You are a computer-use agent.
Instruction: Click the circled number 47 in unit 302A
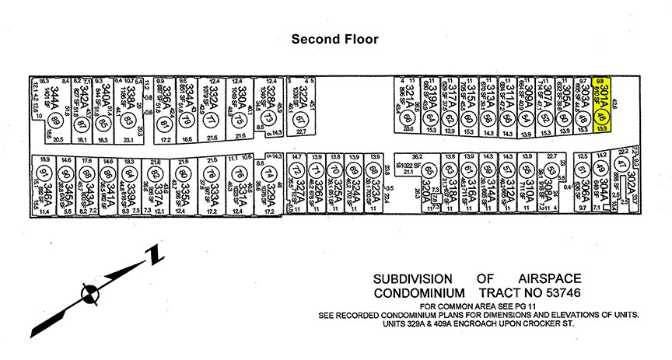(x=621, y=165)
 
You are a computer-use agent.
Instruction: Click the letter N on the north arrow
(x=155, y=253)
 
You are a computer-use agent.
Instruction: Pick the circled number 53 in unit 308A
(x=550, y=171)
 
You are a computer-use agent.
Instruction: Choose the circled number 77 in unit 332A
(x=209, y=121)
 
